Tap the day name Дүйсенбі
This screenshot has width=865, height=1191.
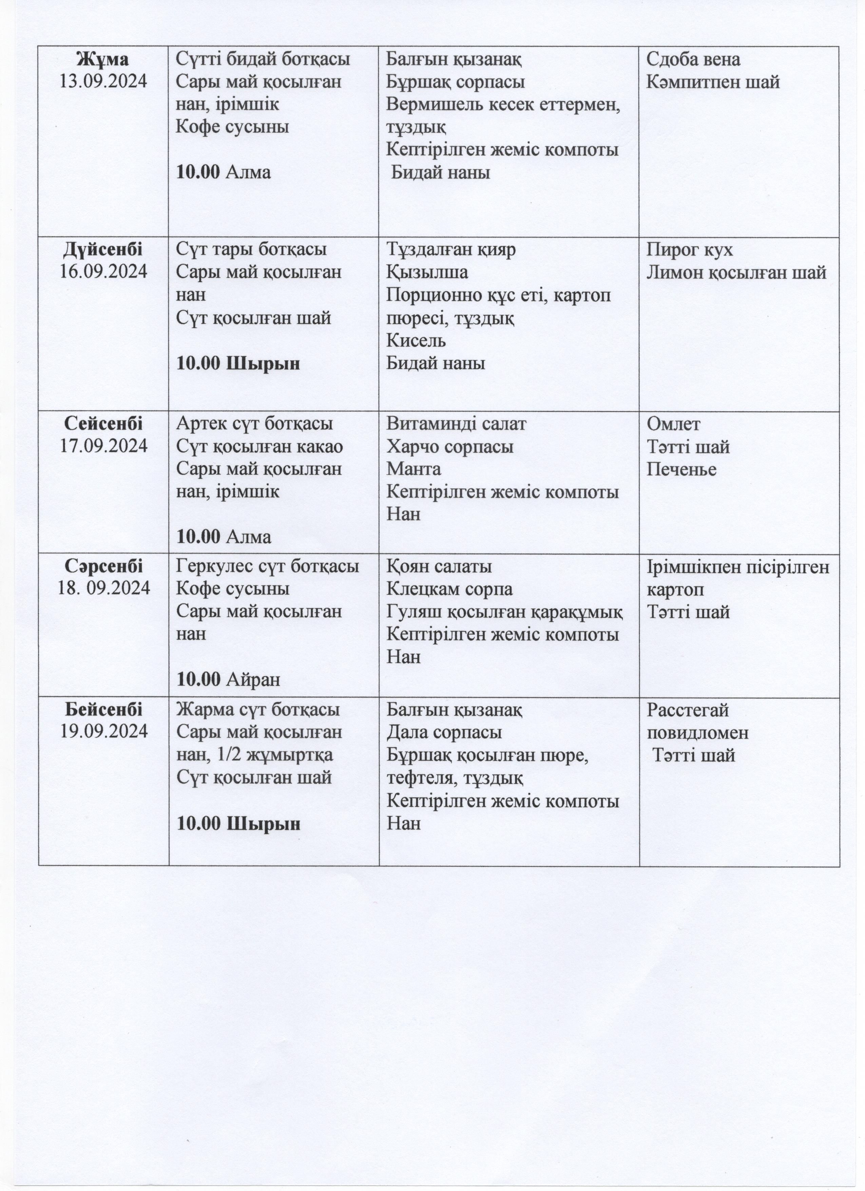(103, 249)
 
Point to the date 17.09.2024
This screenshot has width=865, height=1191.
(103, 446)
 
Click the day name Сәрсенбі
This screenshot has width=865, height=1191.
(103, 566)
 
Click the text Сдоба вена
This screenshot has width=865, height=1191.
(693, 59)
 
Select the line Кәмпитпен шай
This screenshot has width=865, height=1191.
(713, 82)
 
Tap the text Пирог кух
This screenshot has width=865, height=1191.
(689, 249)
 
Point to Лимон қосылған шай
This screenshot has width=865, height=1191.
(736, 272)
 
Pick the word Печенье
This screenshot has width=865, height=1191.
(681, 469)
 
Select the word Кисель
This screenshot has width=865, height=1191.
(416, 340)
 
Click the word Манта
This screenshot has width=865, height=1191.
(414, 469)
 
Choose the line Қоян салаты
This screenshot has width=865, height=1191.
(439, 567)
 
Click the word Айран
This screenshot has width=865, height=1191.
(253, 680)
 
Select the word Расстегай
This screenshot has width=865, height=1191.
(688, 710)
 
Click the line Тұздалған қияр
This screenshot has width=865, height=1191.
(451, 249)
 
